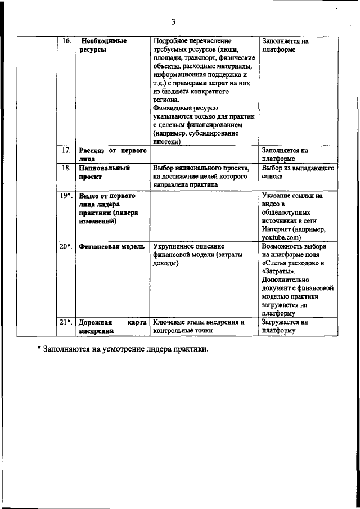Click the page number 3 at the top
tap(174, 22)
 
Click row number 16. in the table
tap(66, 42)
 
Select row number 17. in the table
tap(66, 151)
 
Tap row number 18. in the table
tap(66, 168)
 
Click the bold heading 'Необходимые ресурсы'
tap(103, 46)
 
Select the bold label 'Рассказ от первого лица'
tap(112, 155)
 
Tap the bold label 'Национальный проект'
tap(105, 172)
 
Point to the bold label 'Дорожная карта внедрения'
tap(112, 327)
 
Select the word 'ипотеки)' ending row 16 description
tap(166, 142)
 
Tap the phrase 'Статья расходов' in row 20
tap(292, 263)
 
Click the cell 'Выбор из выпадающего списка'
tap(298, 172)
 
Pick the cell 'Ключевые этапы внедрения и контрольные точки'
tap(200, 327)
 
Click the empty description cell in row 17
tap(204, 155)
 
